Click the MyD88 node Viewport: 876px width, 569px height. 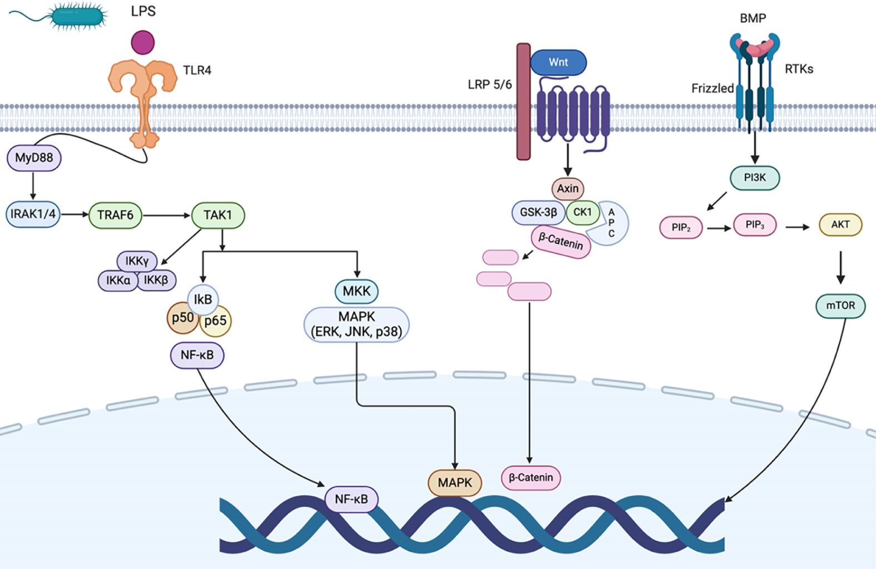[x=34, y=158]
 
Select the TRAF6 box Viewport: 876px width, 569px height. [x=115, y=215]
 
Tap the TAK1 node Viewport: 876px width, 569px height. [x=217, y=215]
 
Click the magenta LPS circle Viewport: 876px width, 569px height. [x=143, y=43]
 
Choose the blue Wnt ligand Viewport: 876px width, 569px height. [x=558, y=62]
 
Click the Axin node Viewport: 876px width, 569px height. [x=568, y=188]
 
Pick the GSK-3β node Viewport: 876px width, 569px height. [x=538, y=212]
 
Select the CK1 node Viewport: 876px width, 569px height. [x=582, y=212]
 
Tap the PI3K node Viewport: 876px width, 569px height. [x=755, y=178]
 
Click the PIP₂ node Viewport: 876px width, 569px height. [x=681, y=227]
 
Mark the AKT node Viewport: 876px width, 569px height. [x=840, y=224]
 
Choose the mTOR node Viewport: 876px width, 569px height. [x=840, y=306]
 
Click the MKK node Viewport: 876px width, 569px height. [x=357, y=291]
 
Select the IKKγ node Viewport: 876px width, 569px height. [x=137, y=261]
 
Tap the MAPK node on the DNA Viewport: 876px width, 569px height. [x=454, y=482]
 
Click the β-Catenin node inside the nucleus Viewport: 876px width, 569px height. [x=531, y=477]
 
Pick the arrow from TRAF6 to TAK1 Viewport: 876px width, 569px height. [x=166, y=215]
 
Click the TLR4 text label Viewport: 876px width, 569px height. [x=197, y=71]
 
